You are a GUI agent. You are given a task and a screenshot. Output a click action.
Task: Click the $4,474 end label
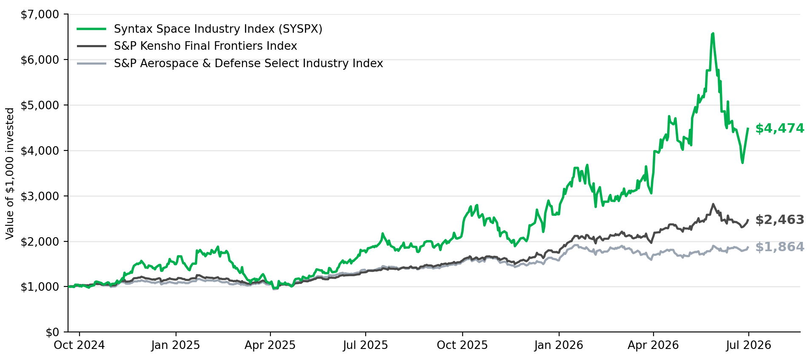[779, 128]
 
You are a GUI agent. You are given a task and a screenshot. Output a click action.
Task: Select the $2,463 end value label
[779, 220]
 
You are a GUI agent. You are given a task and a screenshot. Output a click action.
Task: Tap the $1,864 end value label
[779, 247]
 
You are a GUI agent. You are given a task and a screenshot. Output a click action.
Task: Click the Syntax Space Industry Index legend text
[218, 29]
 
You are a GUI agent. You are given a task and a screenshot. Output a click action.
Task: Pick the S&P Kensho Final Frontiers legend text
[205, 46]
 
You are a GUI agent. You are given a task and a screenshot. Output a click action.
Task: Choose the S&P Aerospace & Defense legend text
[248, 63]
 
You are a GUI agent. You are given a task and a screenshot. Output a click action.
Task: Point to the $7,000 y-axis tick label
[40, 14]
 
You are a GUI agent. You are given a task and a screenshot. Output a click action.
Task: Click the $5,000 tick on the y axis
[40, 105]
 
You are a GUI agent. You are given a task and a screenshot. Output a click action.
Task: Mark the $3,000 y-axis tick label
[40, 196]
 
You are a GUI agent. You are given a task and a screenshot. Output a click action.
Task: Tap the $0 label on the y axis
[52, 332]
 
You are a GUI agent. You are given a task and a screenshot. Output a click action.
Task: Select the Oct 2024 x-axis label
[79, 345]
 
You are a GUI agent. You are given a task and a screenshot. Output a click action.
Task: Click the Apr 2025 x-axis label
[270, 345]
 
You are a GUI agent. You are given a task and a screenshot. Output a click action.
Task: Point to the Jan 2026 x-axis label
[559, 345]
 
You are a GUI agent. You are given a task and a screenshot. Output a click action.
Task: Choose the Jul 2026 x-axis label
[748, 345]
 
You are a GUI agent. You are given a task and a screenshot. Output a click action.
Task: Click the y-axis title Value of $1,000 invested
[10, 173]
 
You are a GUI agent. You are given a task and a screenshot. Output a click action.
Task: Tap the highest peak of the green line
[713, 33]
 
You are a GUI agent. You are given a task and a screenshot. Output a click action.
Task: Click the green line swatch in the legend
[91, 29]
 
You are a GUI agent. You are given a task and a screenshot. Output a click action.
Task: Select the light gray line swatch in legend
[91, 63]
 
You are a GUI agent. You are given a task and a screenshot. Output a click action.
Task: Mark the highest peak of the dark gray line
[713, 204]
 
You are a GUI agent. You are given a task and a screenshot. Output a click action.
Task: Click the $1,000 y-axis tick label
[40, 286]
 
